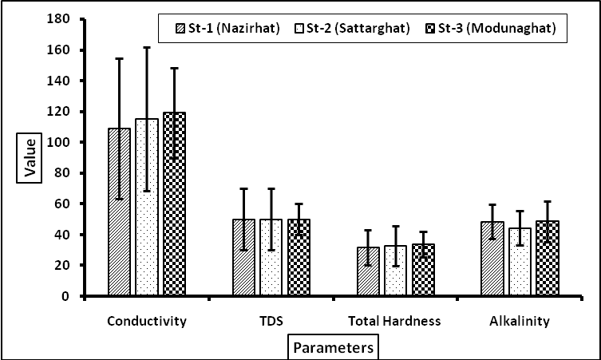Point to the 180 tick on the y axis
(65, 18)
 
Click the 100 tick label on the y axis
(65, 81)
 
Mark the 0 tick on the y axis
(70, 296)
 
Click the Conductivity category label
(147, 322)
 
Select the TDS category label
(272, 322)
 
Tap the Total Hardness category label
(394, 322)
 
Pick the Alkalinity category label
(520, 322)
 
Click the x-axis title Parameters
(331, 349)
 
